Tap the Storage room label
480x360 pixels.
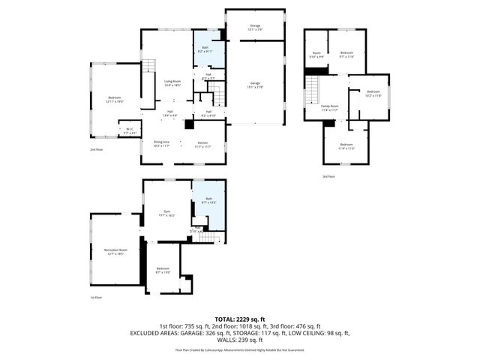click(255, 28)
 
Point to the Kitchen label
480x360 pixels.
click(202, 144)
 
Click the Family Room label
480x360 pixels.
click(330, 108)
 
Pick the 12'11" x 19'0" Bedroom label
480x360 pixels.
click(114, 99)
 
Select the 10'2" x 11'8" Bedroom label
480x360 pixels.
click(373, 93)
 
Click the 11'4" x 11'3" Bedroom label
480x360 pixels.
click(346, 146)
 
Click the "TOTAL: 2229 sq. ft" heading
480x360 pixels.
click(240, 319)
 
